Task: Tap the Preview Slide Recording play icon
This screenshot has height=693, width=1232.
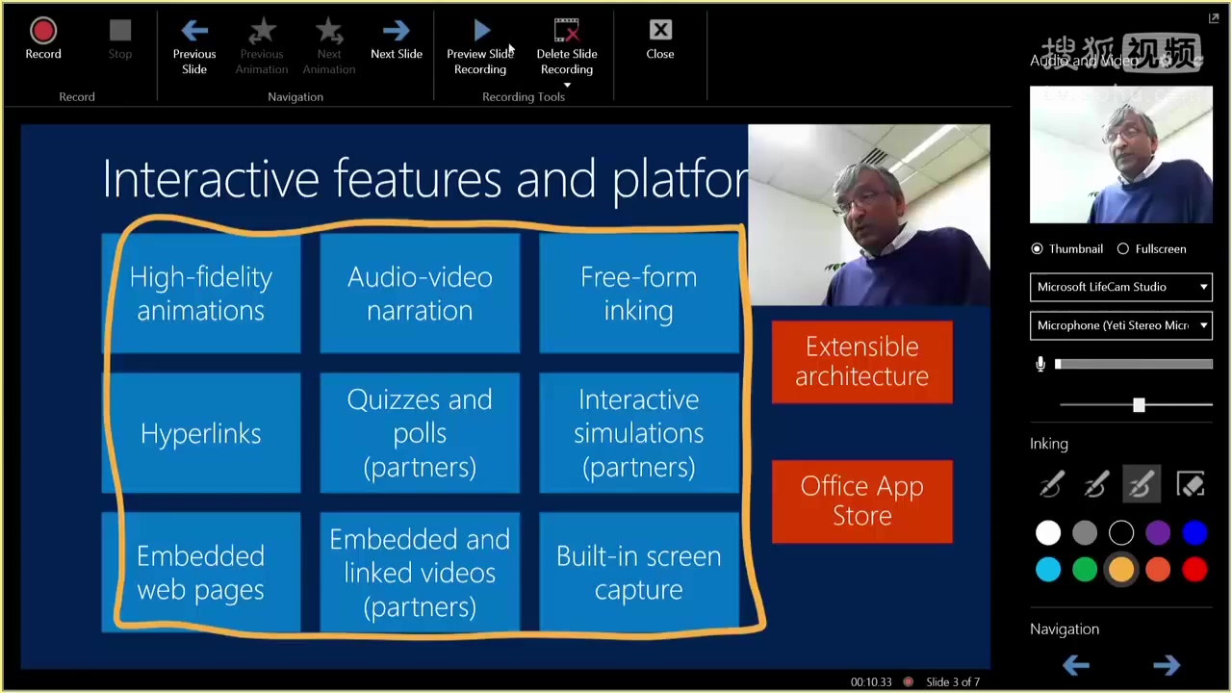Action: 481,33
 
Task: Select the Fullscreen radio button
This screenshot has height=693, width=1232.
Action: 1123,248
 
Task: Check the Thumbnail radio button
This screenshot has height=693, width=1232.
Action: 1037,248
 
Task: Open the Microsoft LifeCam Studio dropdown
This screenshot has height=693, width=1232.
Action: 1121,287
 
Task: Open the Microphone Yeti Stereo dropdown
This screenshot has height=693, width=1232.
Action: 1121,325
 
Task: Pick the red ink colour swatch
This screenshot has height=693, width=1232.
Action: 1194,570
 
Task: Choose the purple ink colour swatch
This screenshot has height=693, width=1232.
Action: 1158,532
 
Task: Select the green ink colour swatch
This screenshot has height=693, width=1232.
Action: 1085,570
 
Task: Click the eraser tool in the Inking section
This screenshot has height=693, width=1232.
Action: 1191,485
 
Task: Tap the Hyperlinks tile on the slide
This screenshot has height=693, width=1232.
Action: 201,433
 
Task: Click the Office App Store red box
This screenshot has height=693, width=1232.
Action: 861,500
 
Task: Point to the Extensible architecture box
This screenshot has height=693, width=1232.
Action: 861,361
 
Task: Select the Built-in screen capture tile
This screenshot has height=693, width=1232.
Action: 638,573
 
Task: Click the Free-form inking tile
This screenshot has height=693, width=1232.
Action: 638,294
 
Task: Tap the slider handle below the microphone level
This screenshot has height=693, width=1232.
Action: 1139,405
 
